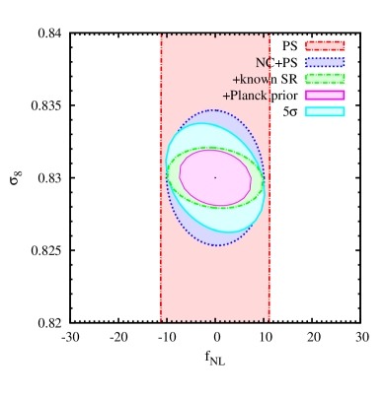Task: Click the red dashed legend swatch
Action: coord(325,45)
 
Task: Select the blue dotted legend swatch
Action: coord(325,62)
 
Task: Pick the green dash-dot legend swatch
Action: coord(325,79)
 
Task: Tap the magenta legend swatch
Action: coord(325,96)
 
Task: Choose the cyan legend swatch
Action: coord(325,111)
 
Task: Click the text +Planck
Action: coord(245,96)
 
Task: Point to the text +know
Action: coord(250,79)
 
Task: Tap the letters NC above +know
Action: coord(263,62)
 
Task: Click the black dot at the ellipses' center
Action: coord(215,177)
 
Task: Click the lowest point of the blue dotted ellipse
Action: coord(217,245)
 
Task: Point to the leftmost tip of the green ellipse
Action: coord(167,178)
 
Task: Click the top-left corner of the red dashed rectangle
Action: coord(161,35)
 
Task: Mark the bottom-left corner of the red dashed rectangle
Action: coord(161,320)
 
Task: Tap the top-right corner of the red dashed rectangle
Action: coord(269,35)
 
